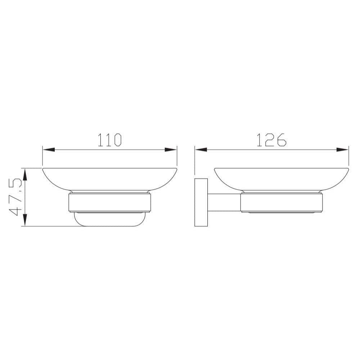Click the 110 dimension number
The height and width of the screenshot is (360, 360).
pos(109,140)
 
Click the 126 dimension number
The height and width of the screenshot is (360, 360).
pos(271,140)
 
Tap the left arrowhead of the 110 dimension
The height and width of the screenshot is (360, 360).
pos(49,150)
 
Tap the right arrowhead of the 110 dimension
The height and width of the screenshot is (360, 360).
pos(171,150)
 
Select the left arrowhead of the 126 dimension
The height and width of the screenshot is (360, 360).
pos(201,150)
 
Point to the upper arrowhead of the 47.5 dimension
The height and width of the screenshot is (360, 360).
pos(25,175)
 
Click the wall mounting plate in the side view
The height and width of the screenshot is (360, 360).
pos(201,202)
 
